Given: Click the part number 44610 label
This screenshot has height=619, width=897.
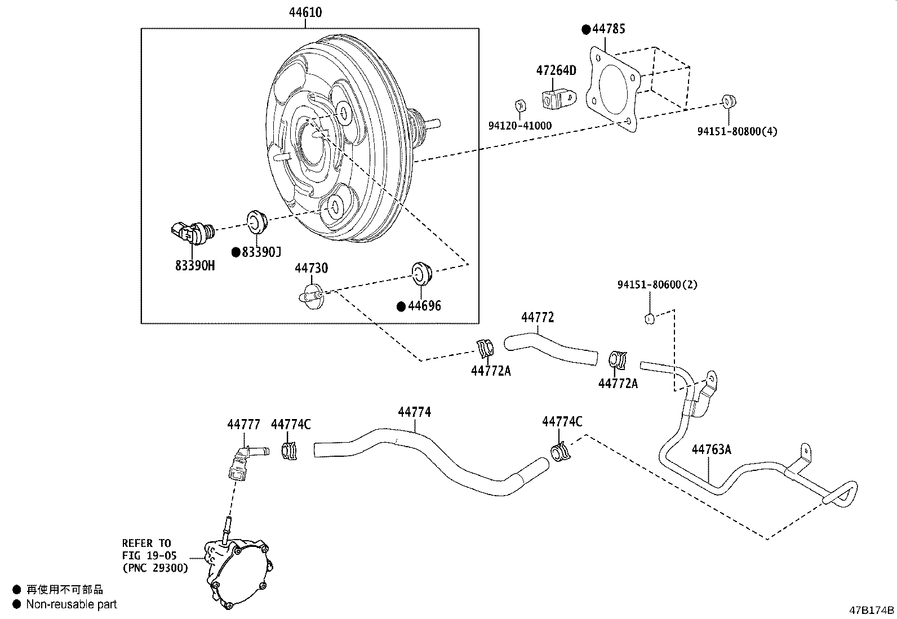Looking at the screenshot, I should pyautogui.click(x=305, y=12).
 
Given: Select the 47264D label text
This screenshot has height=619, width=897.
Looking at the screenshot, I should pyautogui.click(x=556, y=70).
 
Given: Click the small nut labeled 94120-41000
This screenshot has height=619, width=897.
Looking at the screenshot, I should pyautogui.click(x=521, y=105).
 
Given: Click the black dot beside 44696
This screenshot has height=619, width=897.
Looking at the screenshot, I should pyautogui.click(x=401, y=306).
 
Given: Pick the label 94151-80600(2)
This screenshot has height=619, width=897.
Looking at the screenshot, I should pyautogui.click(x=657, y=284).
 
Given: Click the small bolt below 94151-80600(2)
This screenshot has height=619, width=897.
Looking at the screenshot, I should pyautogui.click(x=649, y=319).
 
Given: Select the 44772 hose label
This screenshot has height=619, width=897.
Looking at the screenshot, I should pyautogui.click(x=537, y=317).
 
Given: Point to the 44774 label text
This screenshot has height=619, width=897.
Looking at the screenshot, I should pyautogui.click(x=414, y=412).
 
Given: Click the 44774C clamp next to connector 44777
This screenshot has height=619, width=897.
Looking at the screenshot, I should pyautogui.click(x=289, y=450).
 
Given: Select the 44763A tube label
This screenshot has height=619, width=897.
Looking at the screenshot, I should pyautogui.click(x=711, y=449).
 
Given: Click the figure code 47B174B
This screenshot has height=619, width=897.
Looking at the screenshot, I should pyautogui.click(x=872, y=611).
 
